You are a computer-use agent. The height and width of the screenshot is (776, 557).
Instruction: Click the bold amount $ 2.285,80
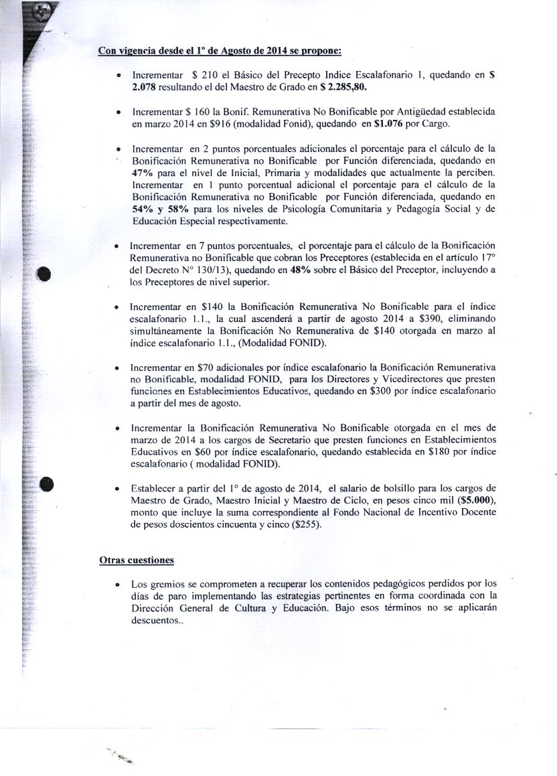344,87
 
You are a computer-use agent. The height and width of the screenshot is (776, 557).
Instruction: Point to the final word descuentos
157,621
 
